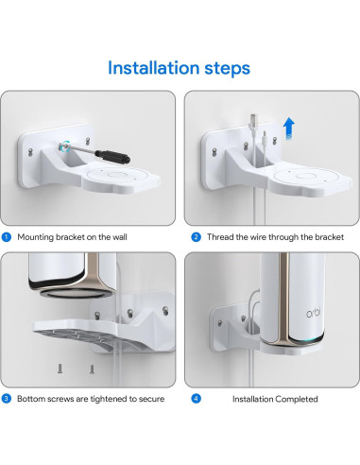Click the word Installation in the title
[151, 68]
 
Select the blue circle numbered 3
[6, 399]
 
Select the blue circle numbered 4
[196, 399]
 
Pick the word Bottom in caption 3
[31, 399]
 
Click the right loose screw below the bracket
[92, 369]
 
